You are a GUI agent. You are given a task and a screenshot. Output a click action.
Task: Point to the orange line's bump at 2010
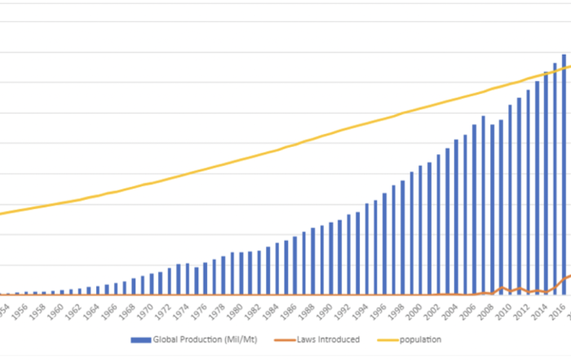click(x=503, y=288)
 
